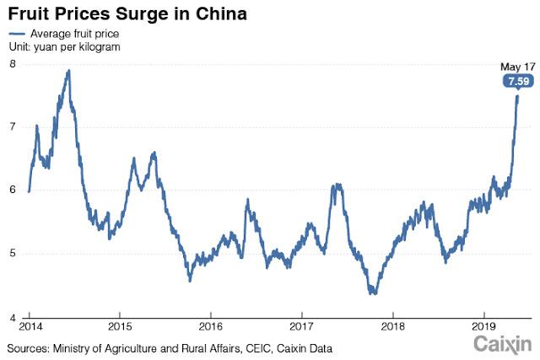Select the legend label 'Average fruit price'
click(x=74, y=34)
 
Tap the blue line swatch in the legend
click(x=16, y=34)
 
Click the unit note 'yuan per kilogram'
click(x=78, y=47)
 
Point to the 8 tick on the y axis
click(x=13, y=64)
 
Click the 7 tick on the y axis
click(x=13, y=126)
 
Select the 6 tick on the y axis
click(x=13, y=191)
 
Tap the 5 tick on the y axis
click(x=13, y=254)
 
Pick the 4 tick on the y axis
click(x=13, y=318)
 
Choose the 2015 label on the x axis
click(x=120, y=326)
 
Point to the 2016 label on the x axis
click(x=211, y=326)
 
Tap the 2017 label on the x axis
click(x=301, y=326)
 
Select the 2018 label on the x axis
click(x=392, y=326)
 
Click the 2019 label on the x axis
click(x=483, y=326)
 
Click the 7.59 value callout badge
click(x=516, y=82)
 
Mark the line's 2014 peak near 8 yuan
click(x=68, y=71)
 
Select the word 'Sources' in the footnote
click(x=30, y=347)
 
